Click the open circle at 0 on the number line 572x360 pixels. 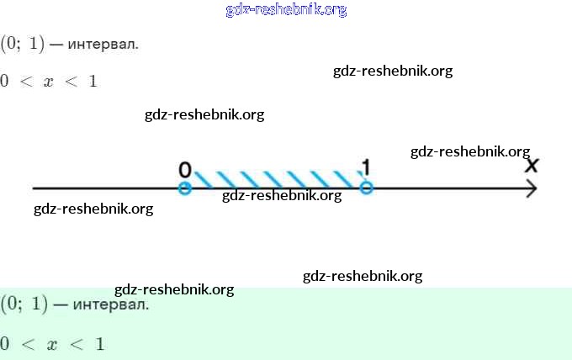(185, 188)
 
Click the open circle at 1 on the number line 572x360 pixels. (366, 188)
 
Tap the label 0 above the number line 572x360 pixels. (185, 169)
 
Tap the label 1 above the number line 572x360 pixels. (366, 167)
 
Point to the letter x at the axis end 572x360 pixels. (532, 164)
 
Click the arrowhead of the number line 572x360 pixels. (532, 188)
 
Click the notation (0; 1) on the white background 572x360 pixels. (22, 43)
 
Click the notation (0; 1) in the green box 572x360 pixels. (24, 304)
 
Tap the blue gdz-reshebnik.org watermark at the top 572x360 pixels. (286, 10)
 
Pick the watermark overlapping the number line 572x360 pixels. (282, 196)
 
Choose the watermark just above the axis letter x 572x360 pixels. (469, 151)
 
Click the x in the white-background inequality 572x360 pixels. (48, 82)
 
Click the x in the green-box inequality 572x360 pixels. (52, 344)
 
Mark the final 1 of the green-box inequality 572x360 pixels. (99, 343)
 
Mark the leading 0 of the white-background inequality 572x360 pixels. (5, 82)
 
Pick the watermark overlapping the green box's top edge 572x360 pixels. (174, 289)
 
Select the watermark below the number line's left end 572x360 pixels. (93, 209)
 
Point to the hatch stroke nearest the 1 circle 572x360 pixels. (345, 179)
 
